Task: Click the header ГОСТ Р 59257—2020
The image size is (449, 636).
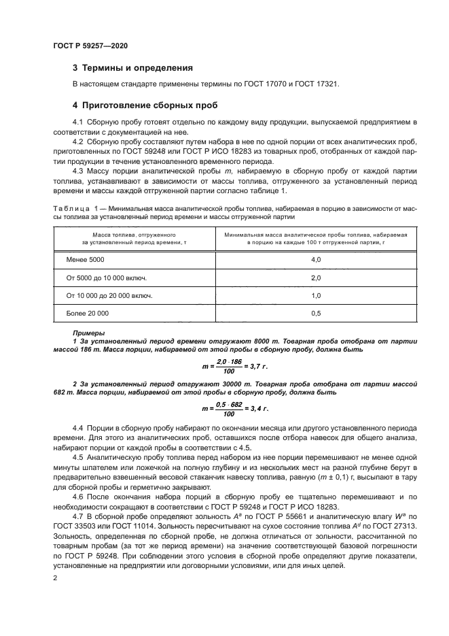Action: [90, 45]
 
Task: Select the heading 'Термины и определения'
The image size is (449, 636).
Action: [137, 68]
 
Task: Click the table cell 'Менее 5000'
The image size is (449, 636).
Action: [86, 260]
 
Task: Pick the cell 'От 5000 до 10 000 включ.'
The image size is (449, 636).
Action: [107, 278]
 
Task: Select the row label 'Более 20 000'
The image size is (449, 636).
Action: [87, 314]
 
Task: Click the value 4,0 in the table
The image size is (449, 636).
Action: [315, 260]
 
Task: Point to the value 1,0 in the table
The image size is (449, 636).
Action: [315, 296]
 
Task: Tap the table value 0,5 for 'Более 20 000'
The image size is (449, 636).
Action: [315, 314]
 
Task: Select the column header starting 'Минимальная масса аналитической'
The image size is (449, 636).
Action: [315, 234]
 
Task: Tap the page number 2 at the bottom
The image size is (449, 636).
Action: [55, 578]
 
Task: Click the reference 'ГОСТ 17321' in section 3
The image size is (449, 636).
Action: [319, 84]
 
